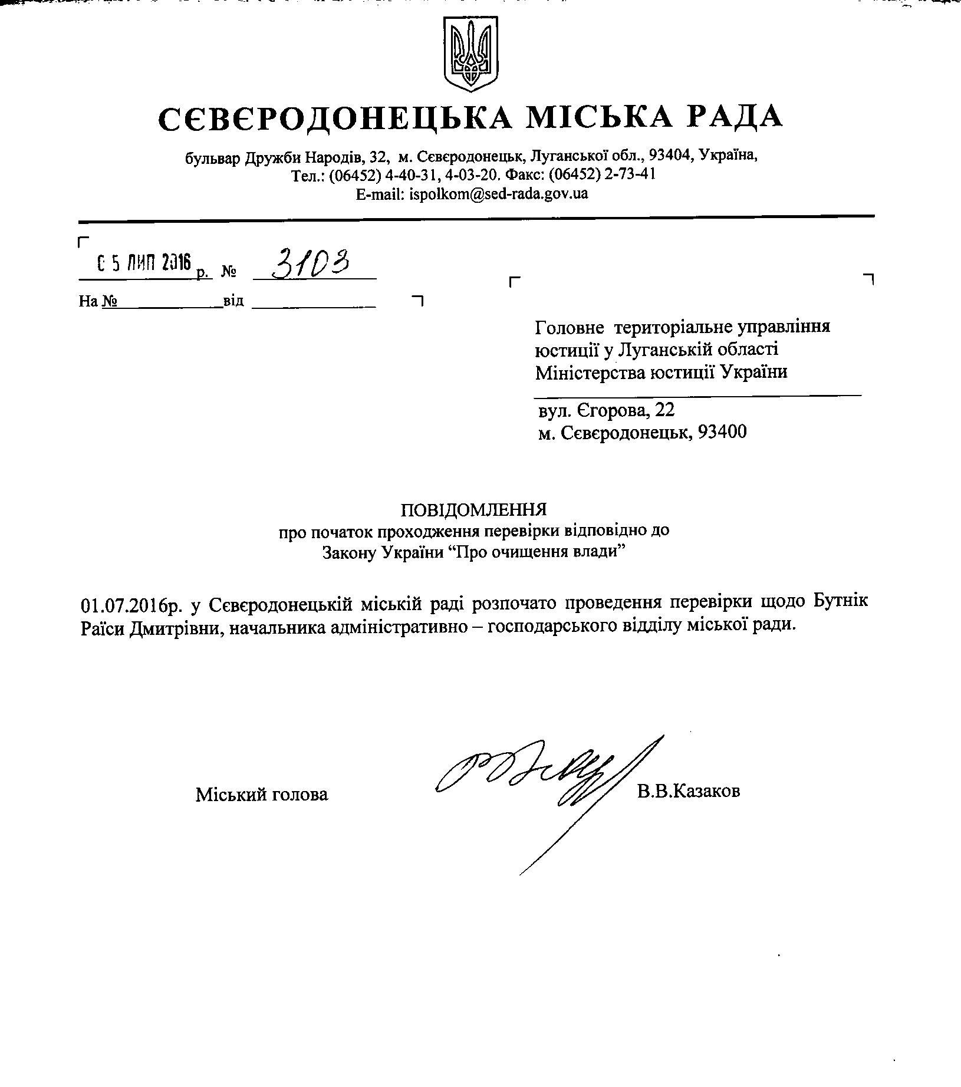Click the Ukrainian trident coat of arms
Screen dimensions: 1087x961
(x=471, y=52)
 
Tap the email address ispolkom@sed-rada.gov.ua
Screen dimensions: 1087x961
(x=498, y=193)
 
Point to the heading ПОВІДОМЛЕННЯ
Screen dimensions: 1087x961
(x=473, y=509)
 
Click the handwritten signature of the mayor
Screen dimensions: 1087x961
(x=531, y=772)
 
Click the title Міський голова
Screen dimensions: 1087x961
(x=262, y=795)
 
